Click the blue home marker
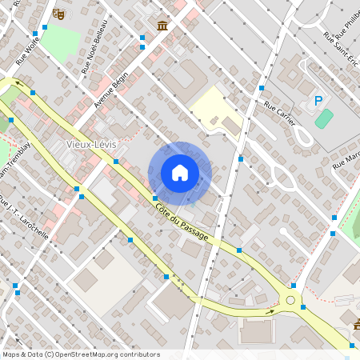180,173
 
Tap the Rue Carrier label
279,114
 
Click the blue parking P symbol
318,101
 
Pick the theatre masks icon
58,14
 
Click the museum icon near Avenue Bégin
163,26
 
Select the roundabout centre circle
290,301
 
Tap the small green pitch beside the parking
323,119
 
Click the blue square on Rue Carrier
262,88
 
